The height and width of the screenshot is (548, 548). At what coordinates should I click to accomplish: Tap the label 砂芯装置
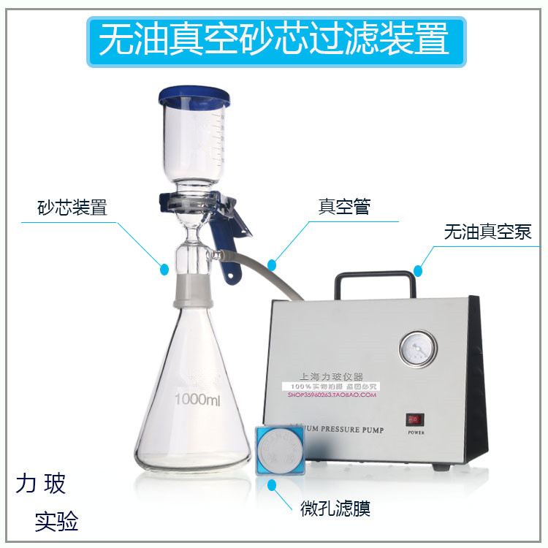(x=72, y=207)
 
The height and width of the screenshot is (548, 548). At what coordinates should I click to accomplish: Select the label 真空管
(x=344, y=206)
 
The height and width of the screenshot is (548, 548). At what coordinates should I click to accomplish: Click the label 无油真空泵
(x=487, y=232)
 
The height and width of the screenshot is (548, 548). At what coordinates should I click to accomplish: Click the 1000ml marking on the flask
(x=197, y=400)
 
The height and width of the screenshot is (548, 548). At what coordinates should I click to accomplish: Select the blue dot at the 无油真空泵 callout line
(x=418, y=271)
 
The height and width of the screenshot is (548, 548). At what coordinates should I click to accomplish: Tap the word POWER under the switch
(x=415, y=432)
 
